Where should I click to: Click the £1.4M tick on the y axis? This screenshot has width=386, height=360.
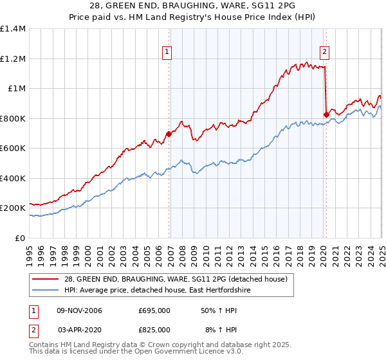13,29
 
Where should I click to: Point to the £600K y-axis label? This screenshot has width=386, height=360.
13,148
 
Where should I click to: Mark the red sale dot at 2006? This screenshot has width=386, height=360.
169,134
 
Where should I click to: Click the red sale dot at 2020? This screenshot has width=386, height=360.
326,115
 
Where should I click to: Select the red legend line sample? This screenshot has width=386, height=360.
46,278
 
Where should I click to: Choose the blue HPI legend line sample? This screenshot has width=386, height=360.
46,290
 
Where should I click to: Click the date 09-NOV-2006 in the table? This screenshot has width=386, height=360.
80,311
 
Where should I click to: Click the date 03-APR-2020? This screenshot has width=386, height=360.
80,329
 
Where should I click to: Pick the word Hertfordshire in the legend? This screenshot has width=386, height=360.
225,290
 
